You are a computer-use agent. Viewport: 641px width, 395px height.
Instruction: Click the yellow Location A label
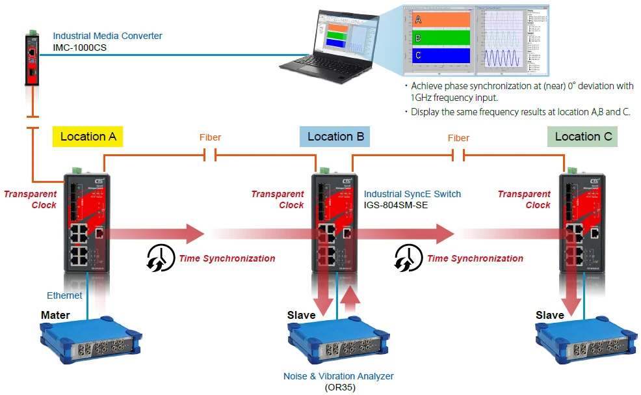tap(88, 137)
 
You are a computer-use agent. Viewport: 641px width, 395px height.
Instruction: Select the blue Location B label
tap(335, 137)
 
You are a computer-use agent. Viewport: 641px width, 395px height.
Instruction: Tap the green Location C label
tap(582, 137)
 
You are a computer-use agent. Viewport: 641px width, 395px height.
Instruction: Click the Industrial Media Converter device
tap(32, 58)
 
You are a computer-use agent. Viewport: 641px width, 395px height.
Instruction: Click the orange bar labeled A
tap(441, 20)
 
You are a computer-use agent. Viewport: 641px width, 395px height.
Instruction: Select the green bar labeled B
tap(441, 38)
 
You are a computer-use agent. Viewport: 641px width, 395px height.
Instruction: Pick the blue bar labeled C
tap(441, 55)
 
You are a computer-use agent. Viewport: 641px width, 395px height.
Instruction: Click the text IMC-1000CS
tap(80, 48)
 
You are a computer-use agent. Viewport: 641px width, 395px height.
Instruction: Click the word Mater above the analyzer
tap(55, 315)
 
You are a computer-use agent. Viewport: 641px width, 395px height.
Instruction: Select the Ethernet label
tap(64, 295)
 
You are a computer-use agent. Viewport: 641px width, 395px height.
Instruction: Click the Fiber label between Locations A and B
tap(210, 137)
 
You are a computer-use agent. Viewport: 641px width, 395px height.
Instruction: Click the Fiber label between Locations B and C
tap(458, 137)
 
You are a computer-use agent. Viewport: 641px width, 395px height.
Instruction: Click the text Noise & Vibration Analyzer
tap(338, 376)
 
